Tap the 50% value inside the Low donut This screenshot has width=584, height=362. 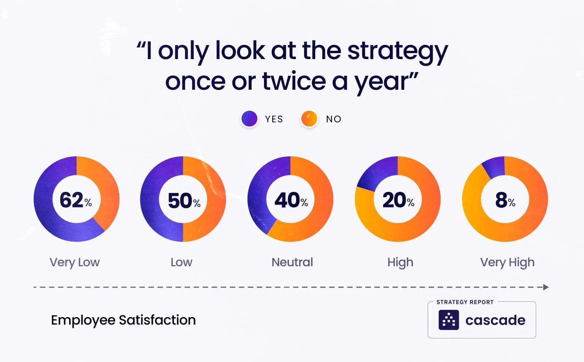click(x=184, y=200)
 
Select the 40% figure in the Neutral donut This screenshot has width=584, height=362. click(x=291, y=200)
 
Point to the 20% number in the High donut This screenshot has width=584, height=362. click(x=398, y=200)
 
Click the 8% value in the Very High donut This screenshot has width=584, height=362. click(x=505, y=200)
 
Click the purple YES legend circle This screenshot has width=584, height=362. click(x=249, y=119)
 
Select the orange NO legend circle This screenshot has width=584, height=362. click(x=309, y=119)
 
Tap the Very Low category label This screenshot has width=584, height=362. click(x=75, y=262)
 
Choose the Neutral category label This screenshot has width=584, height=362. click(x=292, y=262)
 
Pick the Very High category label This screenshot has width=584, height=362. click(x=507, y=262)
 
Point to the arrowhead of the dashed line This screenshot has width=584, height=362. click(x=546, y=287)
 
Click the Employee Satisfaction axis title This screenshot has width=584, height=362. click(x=123, y=320)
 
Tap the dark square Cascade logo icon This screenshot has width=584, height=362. click(x=449, y=320)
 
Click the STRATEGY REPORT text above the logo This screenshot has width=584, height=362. click(x=465, y=302)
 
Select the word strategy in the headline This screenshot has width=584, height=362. click(x=397, y=51)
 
